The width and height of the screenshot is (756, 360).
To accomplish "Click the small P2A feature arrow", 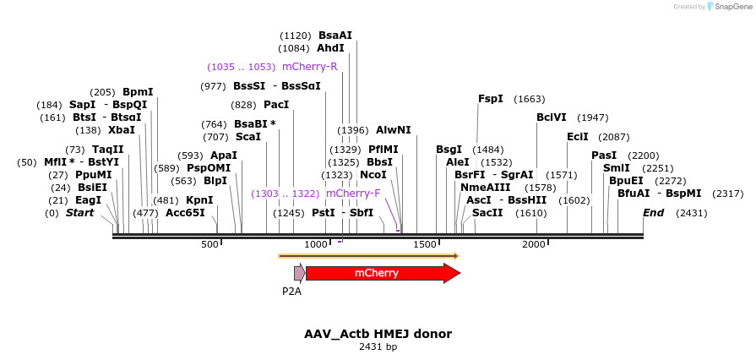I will click(x=299, y=273).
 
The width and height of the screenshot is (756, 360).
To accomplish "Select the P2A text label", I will click(x=291, y=292).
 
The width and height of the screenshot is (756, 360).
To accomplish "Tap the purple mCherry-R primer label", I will click(x=310, y=67).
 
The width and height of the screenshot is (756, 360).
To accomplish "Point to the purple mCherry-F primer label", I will click(x=353, y=194).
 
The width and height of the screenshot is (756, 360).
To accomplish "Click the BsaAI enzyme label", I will click(x=335, y=35).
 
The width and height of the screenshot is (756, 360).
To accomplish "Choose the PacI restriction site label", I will click(x=276, y=105).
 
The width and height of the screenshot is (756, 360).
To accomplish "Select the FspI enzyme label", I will click(x=491, y=99).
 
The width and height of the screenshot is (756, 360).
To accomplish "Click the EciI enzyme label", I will click(x=578, y=137).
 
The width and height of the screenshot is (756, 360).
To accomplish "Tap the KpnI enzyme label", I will click(x=199, y=200).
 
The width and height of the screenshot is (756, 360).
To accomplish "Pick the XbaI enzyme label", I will click(x=122, y=130).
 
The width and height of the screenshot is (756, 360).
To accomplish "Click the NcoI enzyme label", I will click(x=373, y=175).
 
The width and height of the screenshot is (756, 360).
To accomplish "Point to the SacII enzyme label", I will click(x=487, y=213).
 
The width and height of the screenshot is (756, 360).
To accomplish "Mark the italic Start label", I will click(x=80, y=213).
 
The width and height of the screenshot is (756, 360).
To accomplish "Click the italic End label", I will click(x=654, y=213).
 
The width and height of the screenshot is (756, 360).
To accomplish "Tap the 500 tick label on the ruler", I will click(x=209, y=244).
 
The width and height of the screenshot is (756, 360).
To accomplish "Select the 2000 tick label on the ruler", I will click(x=534, y=244).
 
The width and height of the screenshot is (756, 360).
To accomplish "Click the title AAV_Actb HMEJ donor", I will click(x=378, y=334).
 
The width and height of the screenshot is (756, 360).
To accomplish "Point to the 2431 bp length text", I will click(x=378, y=346).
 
